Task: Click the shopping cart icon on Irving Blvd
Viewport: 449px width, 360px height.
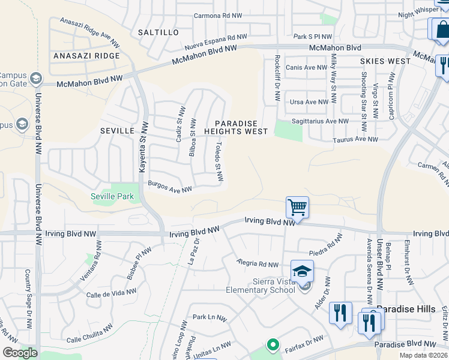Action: [297, 208]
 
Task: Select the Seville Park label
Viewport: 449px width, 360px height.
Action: [112, 196]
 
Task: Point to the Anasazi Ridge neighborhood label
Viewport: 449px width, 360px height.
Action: [86, 56]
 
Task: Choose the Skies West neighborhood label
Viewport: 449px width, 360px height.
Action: [385, 61]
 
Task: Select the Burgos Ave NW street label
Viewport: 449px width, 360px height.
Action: [170, 188]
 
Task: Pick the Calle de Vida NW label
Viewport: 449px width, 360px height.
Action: [111, 293]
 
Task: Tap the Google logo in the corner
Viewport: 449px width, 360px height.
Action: [20, 352]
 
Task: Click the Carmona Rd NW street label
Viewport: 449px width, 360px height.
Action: [218, 16]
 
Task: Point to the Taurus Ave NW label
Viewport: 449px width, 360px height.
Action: [355, 139]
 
